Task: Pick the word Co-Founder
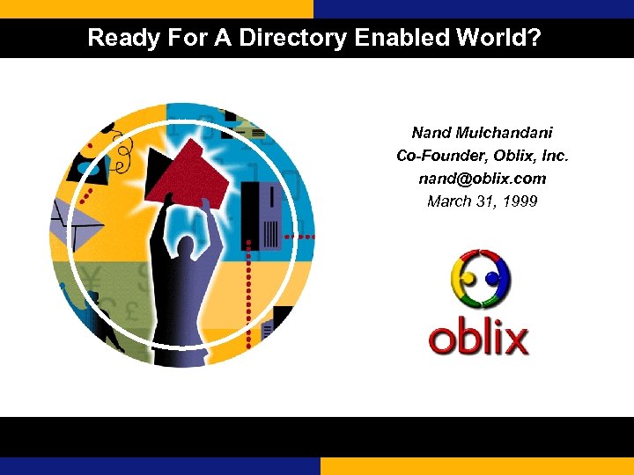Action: [437, 156]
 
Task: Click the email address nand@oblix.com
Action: [482, 179]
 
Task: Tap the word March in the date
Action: [447, 201]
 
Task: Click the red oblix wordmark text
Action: [478, 339]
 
